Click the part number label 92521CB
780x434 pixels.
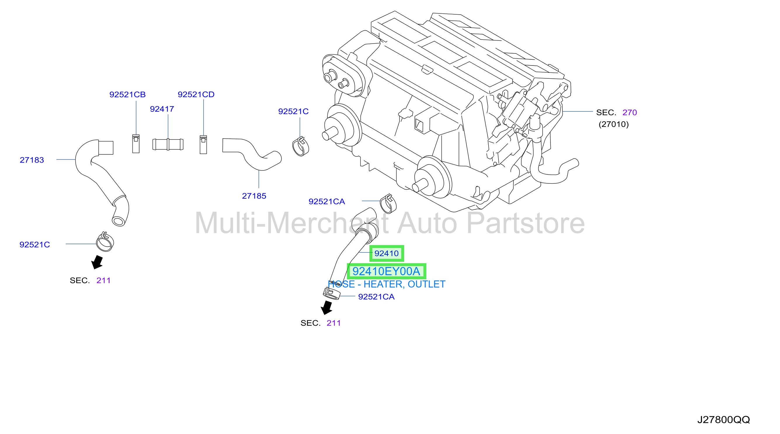coord(128,95)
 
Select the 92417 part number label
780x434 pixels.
coord(162,109)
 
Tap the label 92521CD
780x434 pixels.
coord(196,95)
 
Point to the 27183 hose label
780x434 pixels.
coord(32,160)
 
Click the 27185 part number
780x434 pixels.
coord(254,196)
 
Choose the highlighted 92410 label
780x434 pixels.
coord(387,253)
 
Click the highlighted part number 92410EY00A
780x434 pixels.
coord(386,271)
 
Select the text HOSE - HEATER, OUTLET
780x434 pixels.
coord(387,284)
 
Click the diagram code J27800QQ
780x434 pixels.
coord(724,420)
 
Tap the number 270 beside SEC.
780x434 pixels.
coord(630,113)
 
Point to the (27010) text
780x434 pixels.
coord(614,124)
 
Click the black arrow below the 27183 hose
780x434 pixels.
coord(98,262)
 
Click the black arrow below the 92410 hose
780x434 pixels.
coord(327,308)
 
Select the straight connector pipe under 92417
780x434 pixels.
coord(168,144)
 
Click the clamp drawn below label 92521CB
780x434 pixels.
coord(136,144)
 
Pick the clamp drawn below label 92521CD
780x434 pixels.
coord(203,145)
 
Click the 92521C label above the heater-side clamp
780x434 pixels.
coord(293,112)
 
